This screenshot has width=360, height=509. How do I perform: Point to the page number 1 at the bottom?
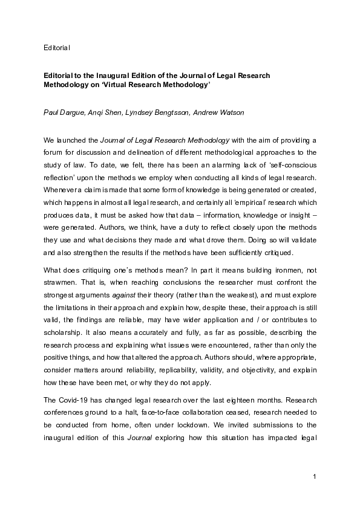[315, 477]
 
